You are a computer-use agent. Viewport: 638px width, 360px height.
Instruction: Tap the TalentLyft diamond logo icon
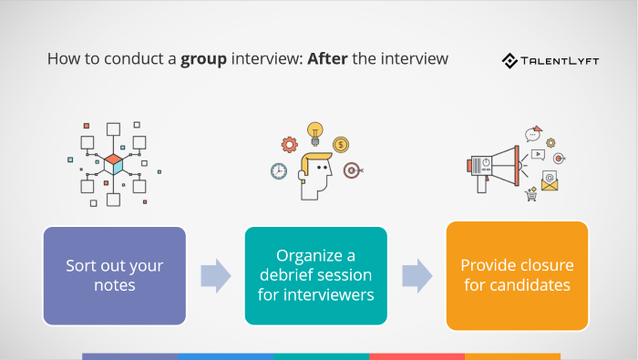[x=510, y=61]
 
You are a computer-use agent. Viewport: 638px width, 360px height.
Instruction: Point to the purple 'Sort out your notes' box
[x=115, y=276]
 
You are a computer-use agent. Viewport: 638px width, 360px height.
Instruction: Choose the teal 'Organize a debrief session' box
[x=316, y=276]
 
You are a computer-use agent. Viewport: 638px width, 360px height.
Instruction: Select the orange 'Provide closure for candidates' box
[x=517, y=275]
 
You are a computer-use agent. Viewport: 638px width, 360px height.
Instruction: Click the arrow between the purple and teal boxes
[x=215, y=275]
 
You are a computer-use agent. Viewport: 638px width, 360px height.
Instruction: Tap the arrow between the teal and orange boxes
[x=417, y=275]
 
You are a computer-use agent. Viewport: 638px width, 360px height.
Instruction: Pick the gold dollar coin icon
[x=340, y=144]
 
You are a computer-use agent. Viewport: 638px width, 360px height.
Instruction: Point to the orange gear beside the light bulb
[x=290, y=144]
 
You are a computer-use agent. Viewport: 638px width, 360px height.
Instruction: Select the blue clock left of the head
[x=279, y=170]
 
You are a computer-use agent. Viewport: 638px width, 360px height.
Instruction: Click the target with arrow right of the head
[x=351, y=170]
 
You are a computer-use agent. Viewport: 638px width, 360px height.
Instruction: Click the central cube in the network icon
[x=113, y=164]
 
